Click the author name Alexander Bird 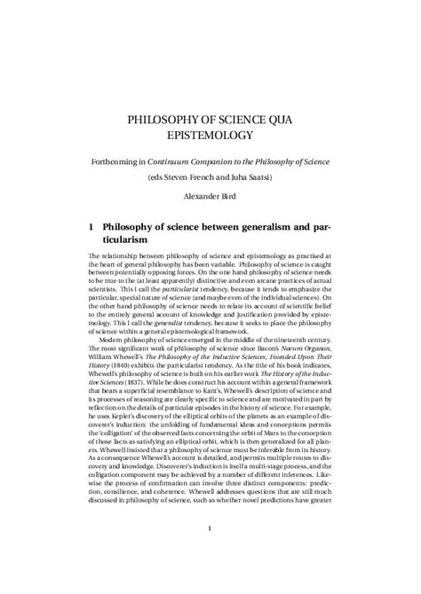pos(210,197)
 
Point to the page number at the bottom pos(210,555)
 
